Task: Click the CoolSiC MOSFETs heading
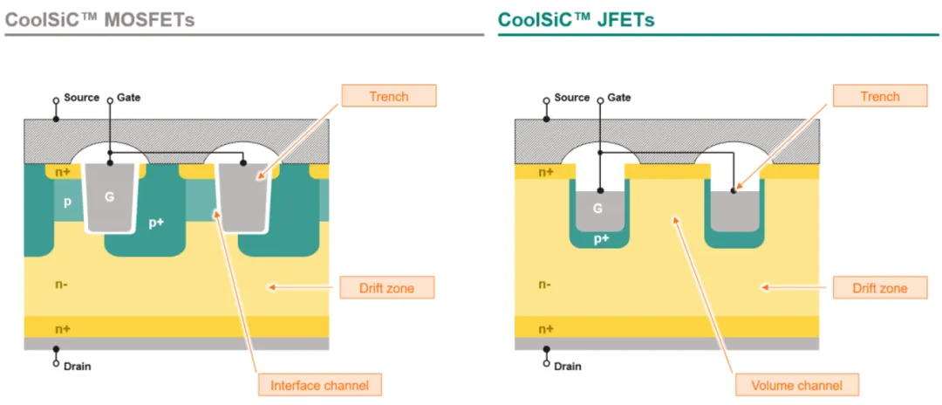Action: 99,19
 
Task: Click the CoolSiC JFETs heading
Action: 577,19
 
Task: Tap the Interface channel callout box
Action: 320,385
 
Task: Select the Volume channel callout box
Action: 797,385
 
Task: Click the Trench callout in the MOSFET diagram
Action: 389,95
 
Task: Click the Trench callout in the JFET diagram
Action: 879,96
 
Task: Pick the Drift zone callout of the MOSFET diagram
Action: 387,288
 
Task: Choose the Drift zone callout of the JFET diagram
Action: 879,288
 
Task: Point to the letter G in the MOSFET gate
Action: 109,196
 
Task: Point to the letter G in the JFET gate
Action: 597,209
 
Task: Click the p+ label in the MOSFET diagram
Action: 157,223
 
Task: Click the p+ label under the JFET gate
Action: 601,239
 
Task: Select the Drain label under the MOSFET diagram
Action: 78,366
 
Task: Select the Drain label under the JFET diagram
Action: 568,366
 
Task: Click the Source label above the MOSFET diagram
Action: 81,98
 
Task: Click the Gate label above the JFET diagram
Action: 618,98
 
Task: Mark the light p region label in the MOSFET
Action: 67,202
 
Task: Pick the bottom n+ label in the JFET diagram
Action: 546,329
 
